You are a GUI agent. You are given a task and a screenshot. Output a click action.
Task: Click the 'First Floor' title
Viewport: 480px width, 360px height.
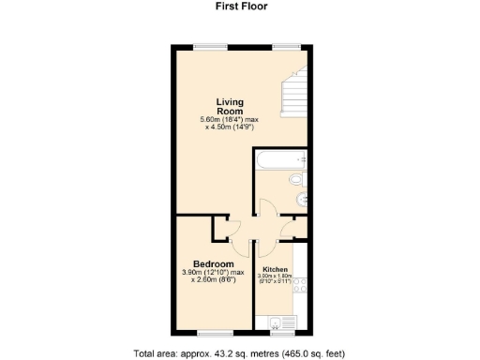[239, 6]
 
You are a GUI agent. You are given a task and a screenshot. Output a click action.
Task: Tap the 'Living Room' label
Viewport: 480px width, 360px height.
[231, 106]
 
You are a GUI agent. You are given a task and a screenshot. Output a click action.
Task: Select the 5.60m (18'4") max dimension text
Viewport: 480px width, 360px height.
[231, 119]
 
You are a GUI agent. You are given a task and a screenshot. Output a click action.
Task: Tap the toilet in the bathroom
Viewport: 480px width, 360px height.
[295, 179]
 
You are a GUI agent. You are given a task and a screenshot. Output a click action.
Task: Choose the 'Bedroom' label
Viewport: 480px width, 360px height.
[214, 263]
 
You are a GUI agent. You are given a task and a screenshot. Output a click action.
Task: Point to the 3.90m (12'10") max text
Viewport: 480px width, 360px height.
[213, 273]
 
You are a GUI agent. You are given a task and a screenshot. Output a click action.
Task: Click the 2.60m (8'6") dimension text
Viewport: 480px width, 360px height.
[214, 280]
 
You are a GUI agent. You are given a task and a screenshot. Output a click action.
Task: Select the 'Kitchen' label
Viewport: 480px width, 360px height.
[276, 269]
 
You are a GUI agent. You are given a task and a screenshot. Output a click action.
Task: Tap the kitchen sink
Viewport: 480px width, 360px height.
[275, 324]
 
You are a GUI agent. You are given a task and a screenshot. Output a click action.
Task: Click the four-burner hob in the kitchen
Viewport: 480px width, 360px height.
[299, 298]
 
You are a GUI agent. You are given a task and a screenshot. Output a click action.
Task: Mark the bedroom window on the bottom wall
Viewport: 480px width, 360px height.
[214, 333]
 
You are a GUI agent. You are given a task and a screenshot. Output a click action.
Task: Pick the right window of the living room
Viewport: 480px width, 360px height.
[285, 46]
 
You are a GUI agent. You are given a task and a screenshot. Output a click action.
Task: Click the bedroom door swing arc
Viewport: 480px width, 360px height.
[235, 228]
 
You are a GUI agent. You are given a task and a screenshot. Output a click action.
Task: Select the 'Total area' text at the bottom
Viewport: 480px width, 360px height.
[239, 352]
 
